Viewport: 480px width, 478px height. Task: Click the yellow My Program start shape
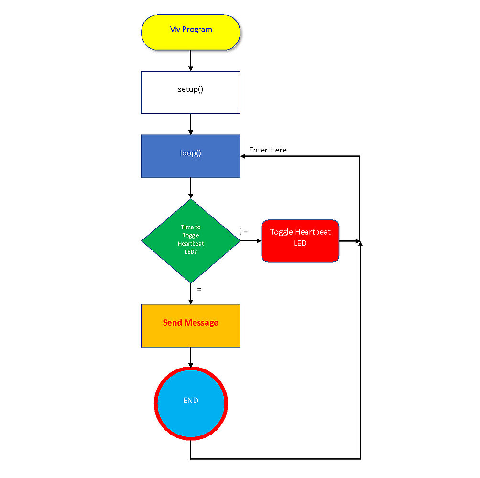tap(190, 32)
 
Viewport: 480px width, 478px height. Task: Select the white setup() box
tap(190, 92)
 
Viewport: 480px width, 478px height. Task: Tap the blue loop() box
tap(190, 156)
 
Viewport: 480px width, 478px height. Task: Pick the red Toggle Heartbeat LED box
tap(300, 241)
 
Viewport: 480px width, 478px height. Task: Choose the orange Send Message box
tap(190, 326)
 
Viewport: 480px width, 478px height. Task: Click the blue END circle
tap(190, 403)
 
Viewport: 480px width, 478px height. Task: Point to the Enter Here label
tap(268, 150)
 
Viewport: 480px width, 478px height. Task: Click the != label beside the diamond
tap(244, 232)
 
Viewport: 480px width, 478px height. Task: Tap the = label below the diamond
tap(199, 289)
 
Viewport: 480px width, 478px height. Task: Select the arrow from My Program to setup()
tap(190, 61)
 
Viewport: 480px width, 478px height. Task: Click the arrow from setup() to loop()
tap(190, 124)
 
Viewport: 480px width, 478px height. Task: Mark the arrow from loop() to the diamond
tap(190, 188)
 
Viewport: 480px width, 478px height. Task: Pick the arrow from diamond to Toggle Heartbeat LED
tap(251, 241)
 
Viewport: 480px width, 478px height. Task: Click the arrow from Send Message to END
tap(190, 357)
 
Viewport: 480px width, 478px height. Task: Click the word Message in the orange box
tap(201, 323)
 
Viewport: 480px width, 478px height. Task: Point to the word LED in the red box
tap(300, 243)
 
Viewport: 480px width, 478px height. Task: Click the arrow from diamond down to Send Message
tap(190, 294)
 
